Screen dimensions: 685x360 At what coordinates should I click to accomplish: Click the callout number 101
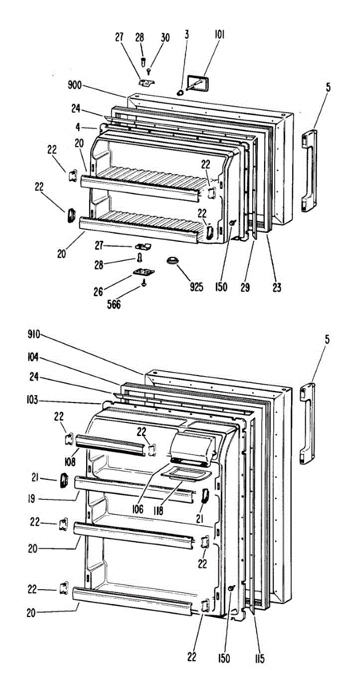pyautogui.click(x=220, y=34)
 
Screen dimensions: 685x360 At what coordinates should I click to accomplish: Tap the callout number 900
pyautogui.click(x=74, y=86)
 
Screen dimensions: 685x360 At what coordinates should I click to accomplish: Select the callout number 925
pyautogui.click(x=196, y=287)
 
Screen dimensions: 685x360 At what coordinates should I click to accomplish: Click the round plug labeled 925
pyautogui.click(x=172, y=262)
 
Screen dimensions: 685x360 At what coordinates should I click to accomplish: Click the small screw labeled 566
pyautogui.click(x=144, y=283)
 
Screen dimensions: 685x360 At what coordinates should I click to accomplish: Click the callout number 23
pyautogui.click(x=276, y=287)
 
